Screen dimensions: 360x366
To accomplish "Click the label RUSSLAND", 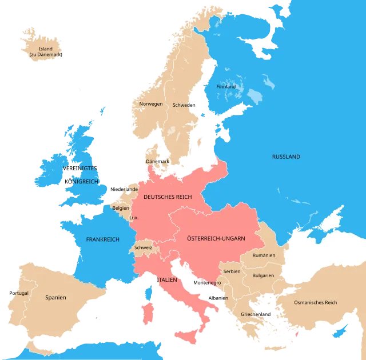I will pyautogui.click(x=286, y=157).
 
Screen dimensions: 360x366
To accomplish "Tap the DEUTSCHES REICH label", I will pyautogui.click(x=167, y=197).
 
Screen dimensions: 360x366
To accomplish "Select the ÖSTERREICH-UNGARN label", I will pyautogui.click(x=216, y=238).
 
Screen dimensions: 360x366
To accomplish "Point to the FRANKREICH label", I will pyautogui.click(x=102, y=239).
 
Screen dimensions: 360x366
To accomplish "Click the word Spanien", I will pyautogui.click(x=56, y=297).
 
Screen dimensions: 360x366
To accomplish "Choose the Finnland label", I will pyautogui.click(x=226, y=87).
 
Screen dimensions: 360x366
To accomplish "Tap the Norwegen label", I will pyautogui.click(x=151, y=104).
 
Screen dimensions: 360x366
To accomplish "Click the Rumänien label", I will pyautogui.click(x=264, y=255).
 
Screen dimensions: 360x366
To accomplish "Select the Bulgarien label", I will pyautogui.click(x=262, y=275).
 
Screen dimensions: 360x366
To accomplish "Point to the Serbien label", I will pyautogui.click(x=232, y=271).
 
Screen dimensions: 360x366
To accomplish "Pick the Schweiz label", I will pyautogui.click(x=143, y=248).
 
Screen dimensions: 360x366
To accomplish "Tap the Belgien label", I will pyautogui.click(x=121, y=209).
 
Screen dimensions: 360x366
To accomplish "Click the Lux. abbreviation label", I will pyautogui.click(x=134, y=218).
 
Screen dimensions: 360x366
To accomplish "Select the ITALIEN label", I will pyautogui.click(x=165, y=280).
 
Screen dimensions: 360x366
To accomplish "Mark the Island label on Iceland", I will pyautogui.click(x=46, y=49).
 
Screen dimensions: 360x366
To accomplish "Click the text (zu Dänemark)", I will pyautogui.click(x=46, y=54).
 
